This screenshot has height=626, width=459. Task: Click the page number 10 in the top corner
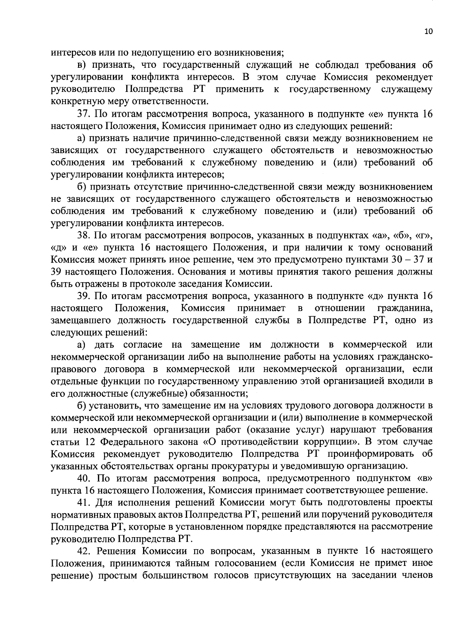428,32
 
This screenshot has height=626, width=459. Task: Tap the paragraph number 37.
85,114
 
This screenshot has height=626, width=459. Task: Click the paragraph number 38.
85,235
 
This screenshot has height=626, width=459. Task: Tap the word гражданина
405,308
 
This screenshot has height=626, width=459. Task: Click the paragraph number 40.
85,478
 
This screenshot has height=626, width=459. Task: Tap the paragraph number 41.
85,502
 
